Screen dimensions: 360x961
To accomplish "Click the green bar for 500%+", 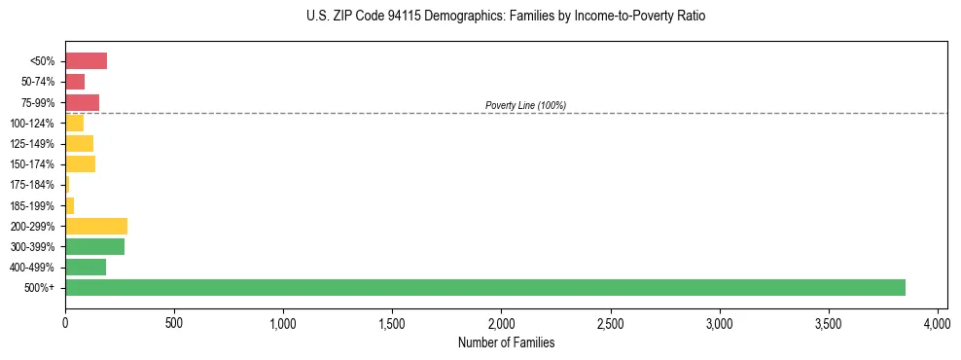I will coord(484,287).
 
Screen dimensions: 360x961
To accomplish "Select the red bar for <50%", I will coord(86,61).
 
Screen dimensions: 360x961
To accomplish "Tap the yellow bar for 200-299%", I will coord(96,226).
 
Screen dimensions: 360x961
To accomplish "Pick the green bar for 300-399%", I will coord(94,246).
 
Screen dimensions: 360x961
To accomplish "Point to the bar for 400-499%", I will coord(86,267).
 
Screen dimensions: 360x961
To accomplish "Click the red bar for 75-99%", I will coord(82,102).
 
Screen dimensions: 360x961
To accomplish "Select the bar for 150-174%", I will coord(80,164).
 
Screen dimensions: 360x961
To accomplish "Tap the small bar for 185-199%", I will coord(69,205).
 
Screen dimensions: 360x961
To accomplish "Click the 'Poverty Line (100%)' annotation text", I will coord(525,105).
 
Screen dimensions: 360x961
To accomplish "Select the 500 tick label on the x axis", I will coord(174,321).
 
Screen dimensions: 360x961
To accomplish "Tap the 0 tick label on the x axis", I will coord(65,321).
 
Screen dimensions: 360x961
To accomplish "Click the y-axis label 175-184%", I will coord(32,185).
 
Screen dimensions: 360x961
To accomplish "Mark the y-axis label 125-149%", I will coord(32,144).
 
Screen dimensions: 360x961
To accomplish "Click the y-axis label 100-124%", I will coord(32,124).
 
